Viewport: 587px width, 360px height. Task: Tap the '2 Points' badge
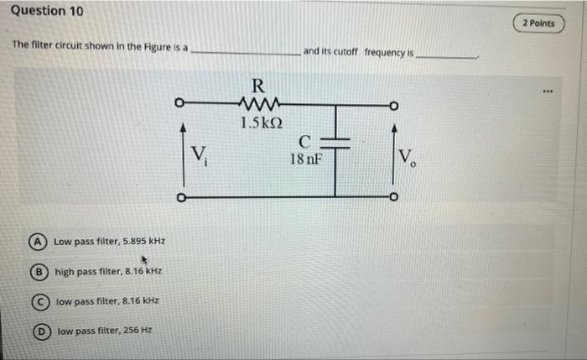tap(538, 23)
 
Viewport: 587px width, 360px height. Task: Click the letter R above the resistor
tap(258, 86)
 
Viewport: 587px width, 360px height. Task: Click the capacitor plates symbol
tap(336, 144)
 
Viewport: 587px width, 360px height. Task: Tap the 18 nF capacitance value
tap(305, 158)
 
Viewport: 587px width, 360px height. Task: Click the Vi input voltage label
tap(199, 154)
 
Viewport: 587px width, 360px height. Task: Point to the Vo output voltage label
tap(408, 156)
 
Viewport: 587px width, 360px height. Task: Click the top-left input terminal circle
tap(179, 105)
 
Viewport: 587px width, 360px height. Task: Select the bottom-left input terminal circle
tap(179, 198)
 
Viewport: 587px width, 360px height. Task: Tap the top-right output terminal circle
tap(392, 106)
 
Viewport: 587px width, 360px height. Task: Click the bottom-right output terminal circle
tap(392, 198)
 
